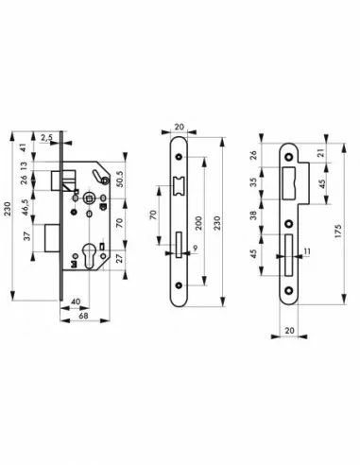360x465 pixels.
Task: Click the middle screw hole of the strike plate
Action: tap(289, 223)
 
